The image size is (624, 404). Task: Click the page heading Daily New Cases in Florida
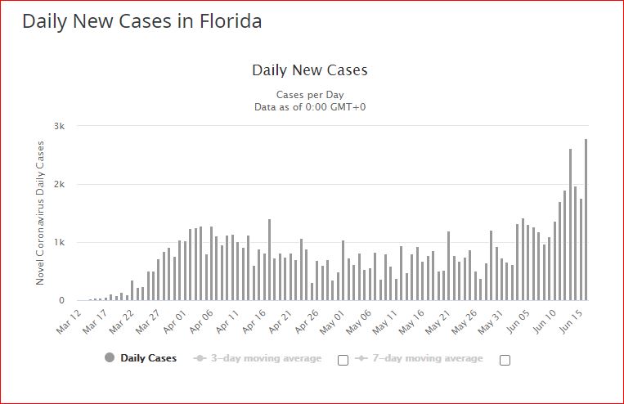pos(142,21)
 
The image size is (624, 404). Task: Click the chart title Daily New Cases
pos(310,70)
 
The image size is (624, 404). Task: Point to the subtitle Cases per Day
pos(310,94)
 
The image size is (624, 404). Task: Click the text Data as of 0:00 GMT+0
pos(310,106)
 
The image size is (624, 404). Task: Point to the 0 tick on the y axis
pos(62,300)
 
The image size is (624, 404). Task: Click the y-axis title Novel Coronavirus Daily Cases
pos(40,213)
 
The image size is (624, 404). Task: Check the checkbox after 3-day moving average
pos(343,360)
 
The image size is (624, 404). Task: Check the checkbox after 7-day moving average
pos(505,360)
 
